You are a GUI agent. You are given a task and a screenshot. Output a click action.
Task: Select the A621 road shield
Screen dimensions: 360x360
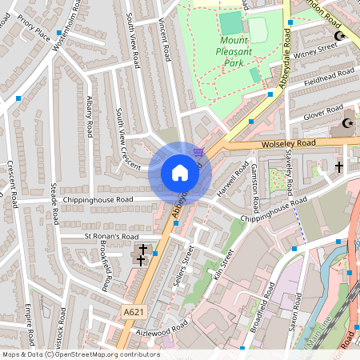point(134,311)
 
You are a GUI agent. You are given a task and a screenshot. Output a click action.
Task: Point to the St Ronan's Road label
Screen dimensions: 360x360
point(111,238)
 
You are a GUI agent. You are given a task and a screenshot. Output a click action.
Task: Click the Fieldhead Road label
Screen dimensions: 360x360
point(328,78)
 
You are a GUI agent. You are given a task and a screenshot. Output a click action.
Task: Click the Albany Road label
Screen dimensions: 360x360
point(90,117)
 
